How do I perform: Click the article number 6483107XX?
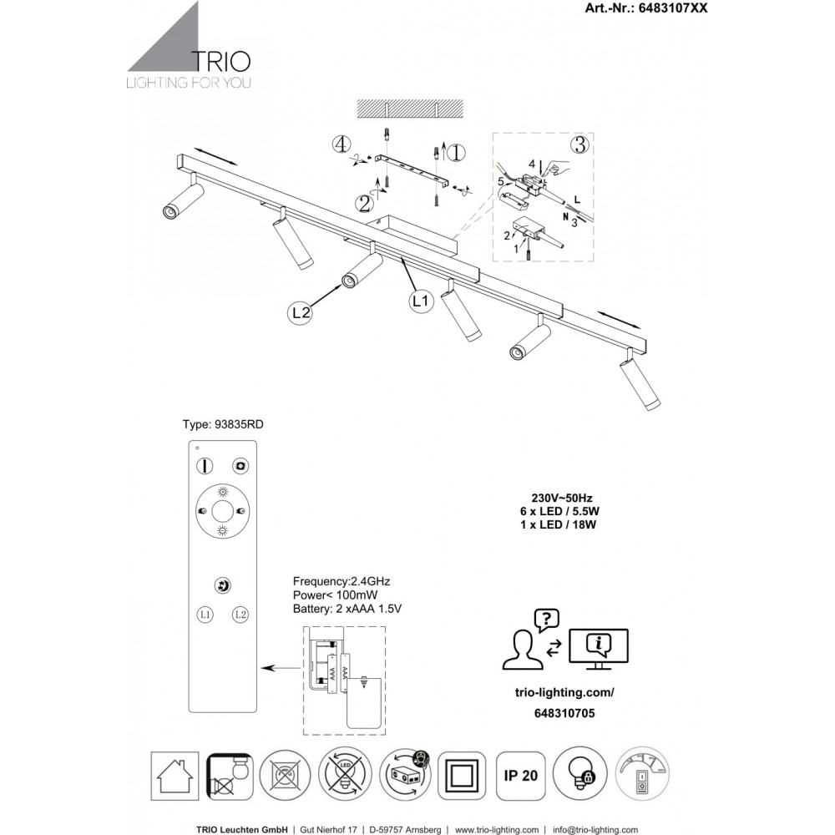tap(657, 9)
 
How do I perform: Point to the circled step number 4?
tap(339, 144)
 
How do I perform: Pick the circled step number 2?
tap(364, 202)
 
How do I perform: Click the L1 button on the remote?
tap(205, 615)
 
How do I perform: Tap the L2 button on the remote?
tap(240, 615)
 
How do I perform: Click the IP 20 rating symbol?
tap(519, 775)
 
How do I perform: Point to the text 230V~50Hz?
tap(555, 494)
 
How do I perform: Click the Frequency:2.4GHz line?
tap(342, 580)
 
